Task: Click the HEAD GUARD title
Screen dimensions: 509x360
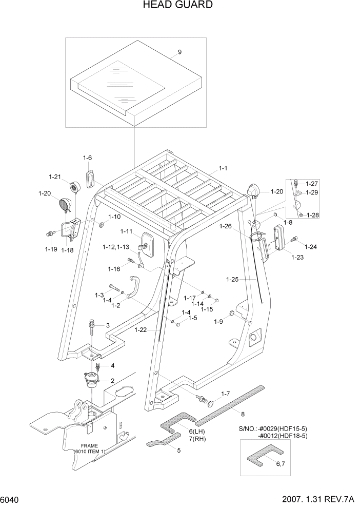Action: (x=179, y=5)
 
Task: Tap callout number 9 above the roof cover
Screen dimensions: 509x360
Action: (x=179, y=52)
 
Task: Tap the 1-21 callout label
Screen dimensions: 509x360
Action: (x=55, y=177)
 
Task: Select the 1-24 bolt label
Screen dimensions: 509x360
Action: (x=310, y=247)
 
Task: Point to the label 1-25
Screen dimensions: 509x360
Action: (x=232, y=280)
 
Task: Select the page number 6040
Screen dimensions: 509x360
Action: (x=11, y=499)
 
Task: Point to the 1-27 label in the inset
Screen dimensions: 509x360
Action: (x=312, y=183)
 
